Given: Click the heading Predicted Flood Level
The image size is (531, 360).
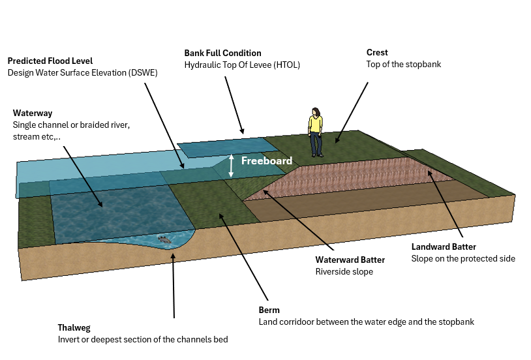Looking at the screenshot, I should click(x=50, y=61).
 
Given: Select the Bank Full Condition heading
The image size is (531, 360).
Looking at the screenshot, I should click(x=222, y=53).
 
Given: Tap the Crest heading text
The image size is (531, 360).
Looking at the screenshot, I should click(x=377, y=52).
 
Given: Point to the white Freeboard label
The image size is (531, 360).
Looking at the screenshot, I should click(x=267, y=160).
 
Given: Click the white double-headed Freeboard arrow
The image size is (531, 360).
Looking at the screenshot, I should click(x=231, y=166).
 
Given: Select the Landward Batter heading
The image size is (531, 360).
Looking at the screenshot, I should click(x=444, y=247).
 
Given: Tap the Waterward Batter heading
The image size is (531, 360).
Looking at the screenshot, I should click(x=350, y=260).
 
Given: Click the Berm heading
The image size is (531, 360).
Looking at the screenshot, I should click(x=269, y=310).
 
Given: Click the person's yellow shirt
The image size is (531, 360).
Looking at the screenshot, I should click(x=316, y=123).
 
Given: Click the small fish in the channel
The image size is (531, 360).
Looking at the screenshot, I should click(x=164, y=240).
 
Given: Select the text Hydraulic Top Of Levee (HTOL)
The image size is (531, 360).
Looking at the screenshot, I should click(x=242, y=65).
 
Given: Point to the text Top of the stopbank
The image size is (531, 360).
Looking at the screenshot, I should click(x=404, y=64).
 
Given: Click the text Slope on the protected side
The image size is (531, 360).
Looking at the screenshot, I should click(x=463, y=258).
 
